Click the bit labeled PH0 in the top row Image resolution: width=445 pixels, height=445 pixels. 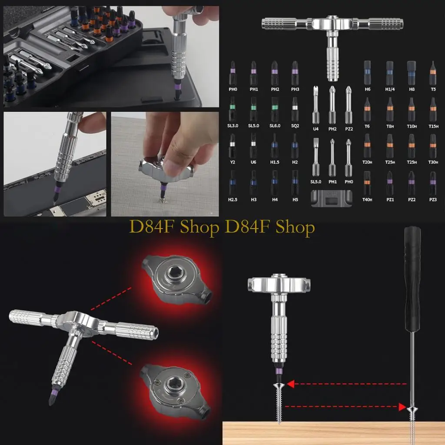pos(232,72)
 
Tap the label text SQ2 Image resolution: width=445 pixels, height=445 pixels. pos(295,125)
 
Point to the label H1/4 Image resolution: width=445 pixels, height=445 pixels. pos(389,89)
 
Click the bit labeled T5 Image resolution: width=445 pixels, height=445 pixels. pos(432,72)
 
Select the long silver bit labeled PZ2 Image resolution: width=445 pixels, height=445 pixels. pos(348,104)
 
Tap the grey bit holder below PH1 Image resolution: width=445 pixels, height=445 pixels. pos(332,199)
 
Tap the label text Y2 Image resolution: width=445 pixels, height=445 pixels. pos(232,162)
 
